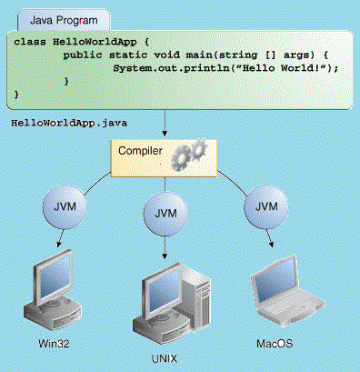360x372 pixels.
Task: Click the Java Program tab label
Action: pyautogui.click(x=64, y=20)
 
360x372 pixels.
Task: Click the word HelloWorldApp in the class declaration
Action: pyautogui.click(x=95, y=42)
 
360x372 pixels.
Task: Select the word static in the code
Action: pyautogui.click(x=128, y=55)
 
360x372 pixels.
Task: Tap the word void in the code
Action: pyautogui.click(x=166, y=55)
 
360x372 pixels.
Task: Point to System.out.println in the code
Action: pyautogui.click(x=171, y=68)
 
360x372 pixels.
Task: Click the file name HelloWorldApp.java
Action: pyautogui.click(x=69, y=123)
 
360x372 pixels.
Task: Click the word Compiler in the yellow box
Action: pyautogui.click(x=140, y=151)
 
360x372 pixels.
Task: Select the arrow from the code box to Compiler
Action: pyautogui.click(x=165, y=123)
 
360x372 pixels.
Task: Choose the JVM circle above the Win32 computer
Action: pyautogui.click(x=65, y=207)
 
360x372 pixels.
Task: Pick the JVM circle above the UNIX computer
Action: pyautogui.click(x=165, y=214)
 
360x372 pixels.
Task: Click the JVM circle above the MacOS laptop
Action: pyautogui.click(x=266, y=207)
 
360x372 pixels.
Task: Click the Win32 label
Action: pyautogui.click(x=54, y=344)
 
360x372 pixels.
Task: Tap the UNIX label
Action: pyautogui.click(x=164, y=359)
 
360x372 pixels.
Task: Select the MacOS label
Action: pyautogui.click(x=275, y=344)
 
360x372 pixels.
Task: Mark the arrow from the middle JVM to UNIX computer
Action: pyautogui.click(x=165, y=247)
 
